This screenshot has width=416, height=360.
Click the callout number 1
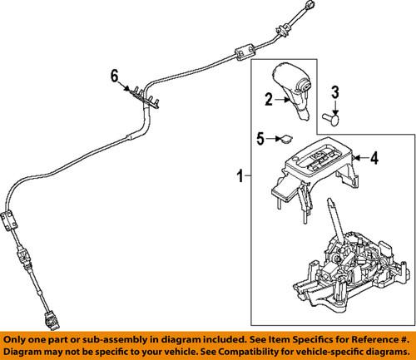coord(240,176)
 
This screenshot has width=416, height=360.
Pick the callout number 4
coord(374,155)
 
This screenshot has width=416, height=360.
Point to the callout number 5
coord(260,139)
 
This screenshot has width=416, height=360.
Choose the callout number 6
coord(115,77)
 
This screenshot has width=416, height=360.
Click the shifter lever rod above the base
coord(333,219)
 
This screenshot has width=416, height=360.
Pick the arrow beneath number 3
coord(334,105)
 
